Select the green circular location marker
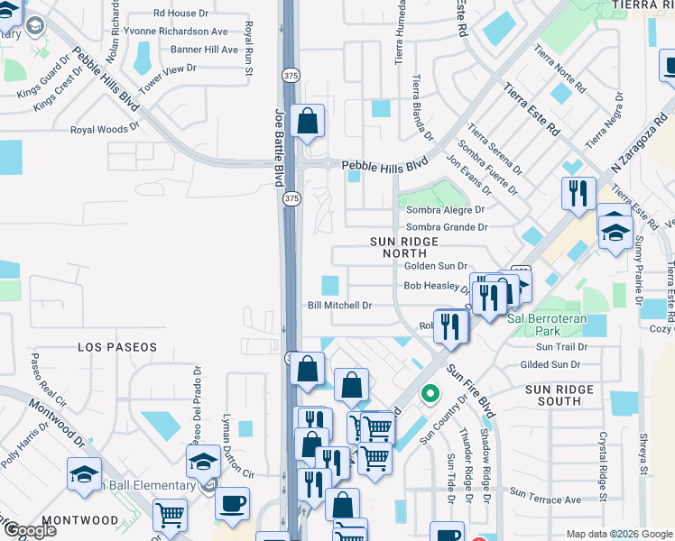point(430,394)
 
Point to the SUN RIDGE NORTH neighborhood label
point(404,248)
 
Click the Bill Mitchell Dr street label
point(340,306)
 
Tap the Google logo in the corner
point(29,529)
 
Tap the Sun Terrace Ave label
point(546,495)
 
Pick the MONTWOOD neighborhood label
point(79,520)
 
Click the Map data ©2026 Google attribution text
point(618,533)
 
